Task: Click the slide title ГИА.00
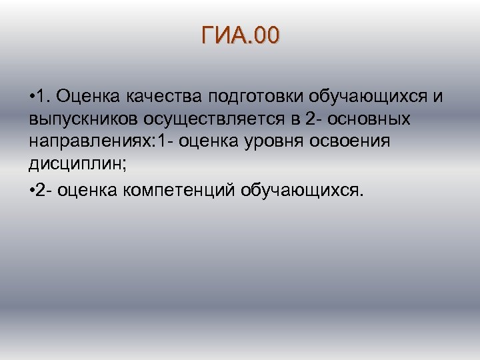coord(241,34)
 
